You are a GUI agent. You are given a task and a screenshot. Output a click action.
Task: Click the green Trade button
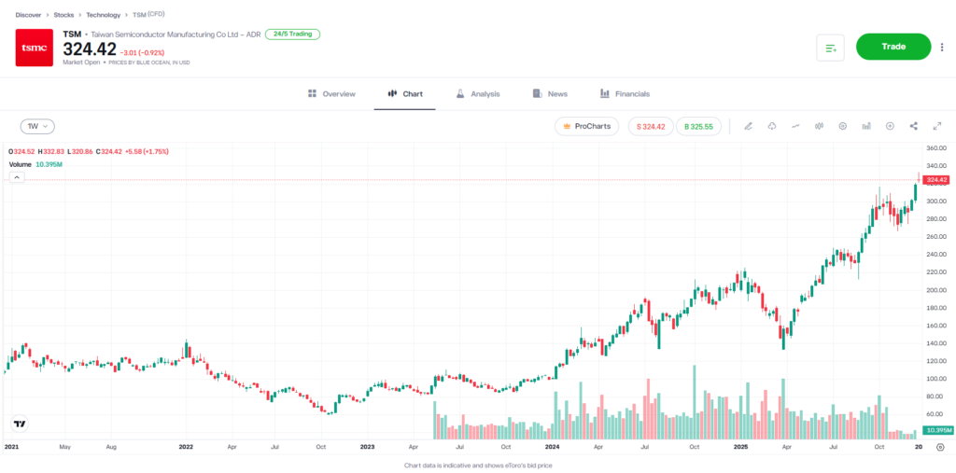click(893, 47)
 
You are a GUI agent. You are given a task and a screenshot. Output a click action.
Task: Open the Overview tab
click(331, 94)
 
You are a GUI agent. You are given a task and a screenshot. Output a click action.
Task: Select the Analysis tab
click(478, 94)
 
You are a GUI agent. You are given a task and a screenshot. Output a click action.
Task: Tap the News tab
click(550, 94)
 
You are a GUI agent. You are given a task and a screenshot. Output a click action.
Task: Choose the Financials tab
click(625, 94)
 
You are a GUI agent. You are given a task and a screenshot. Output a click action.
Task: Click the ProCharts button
click(586, 126)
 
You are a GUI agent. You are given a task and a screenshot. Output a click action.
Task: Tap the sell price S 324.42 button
click(650, 126)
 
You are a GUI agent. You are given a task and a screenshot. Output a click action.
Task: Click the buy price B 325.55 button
click(698, 126)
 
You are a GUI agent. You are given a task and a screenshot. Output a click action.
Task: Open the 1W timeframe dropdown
click(37, 126)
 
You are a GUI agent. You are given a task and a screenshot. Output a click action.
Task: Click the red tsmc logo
click(35, 48)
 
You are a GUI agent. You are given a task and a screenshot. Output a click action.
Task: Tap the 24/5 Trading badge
click(292, 34)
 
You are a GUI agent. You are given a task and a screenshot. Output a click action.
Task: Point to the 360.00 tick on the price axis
click(936, 148)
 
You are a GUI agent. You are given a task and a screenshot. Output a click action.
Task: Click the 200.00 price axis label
click(936, 290)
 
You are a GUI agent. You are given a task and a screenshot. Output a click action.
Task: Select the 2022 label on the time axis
click(186, 448)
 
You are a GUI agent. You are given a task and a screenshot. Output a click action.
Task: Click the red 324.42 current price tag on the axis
click(935, 179)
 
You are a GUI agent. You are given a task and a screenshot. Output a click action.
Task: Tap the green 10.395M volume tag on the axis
click(935, 430)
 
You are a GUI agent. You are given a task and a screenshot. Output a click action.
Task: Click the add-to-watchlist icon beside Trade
click(830, 48)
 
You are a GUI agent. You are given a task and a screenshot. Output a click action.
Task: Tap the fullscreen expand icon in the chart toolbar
click(936, 126)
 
